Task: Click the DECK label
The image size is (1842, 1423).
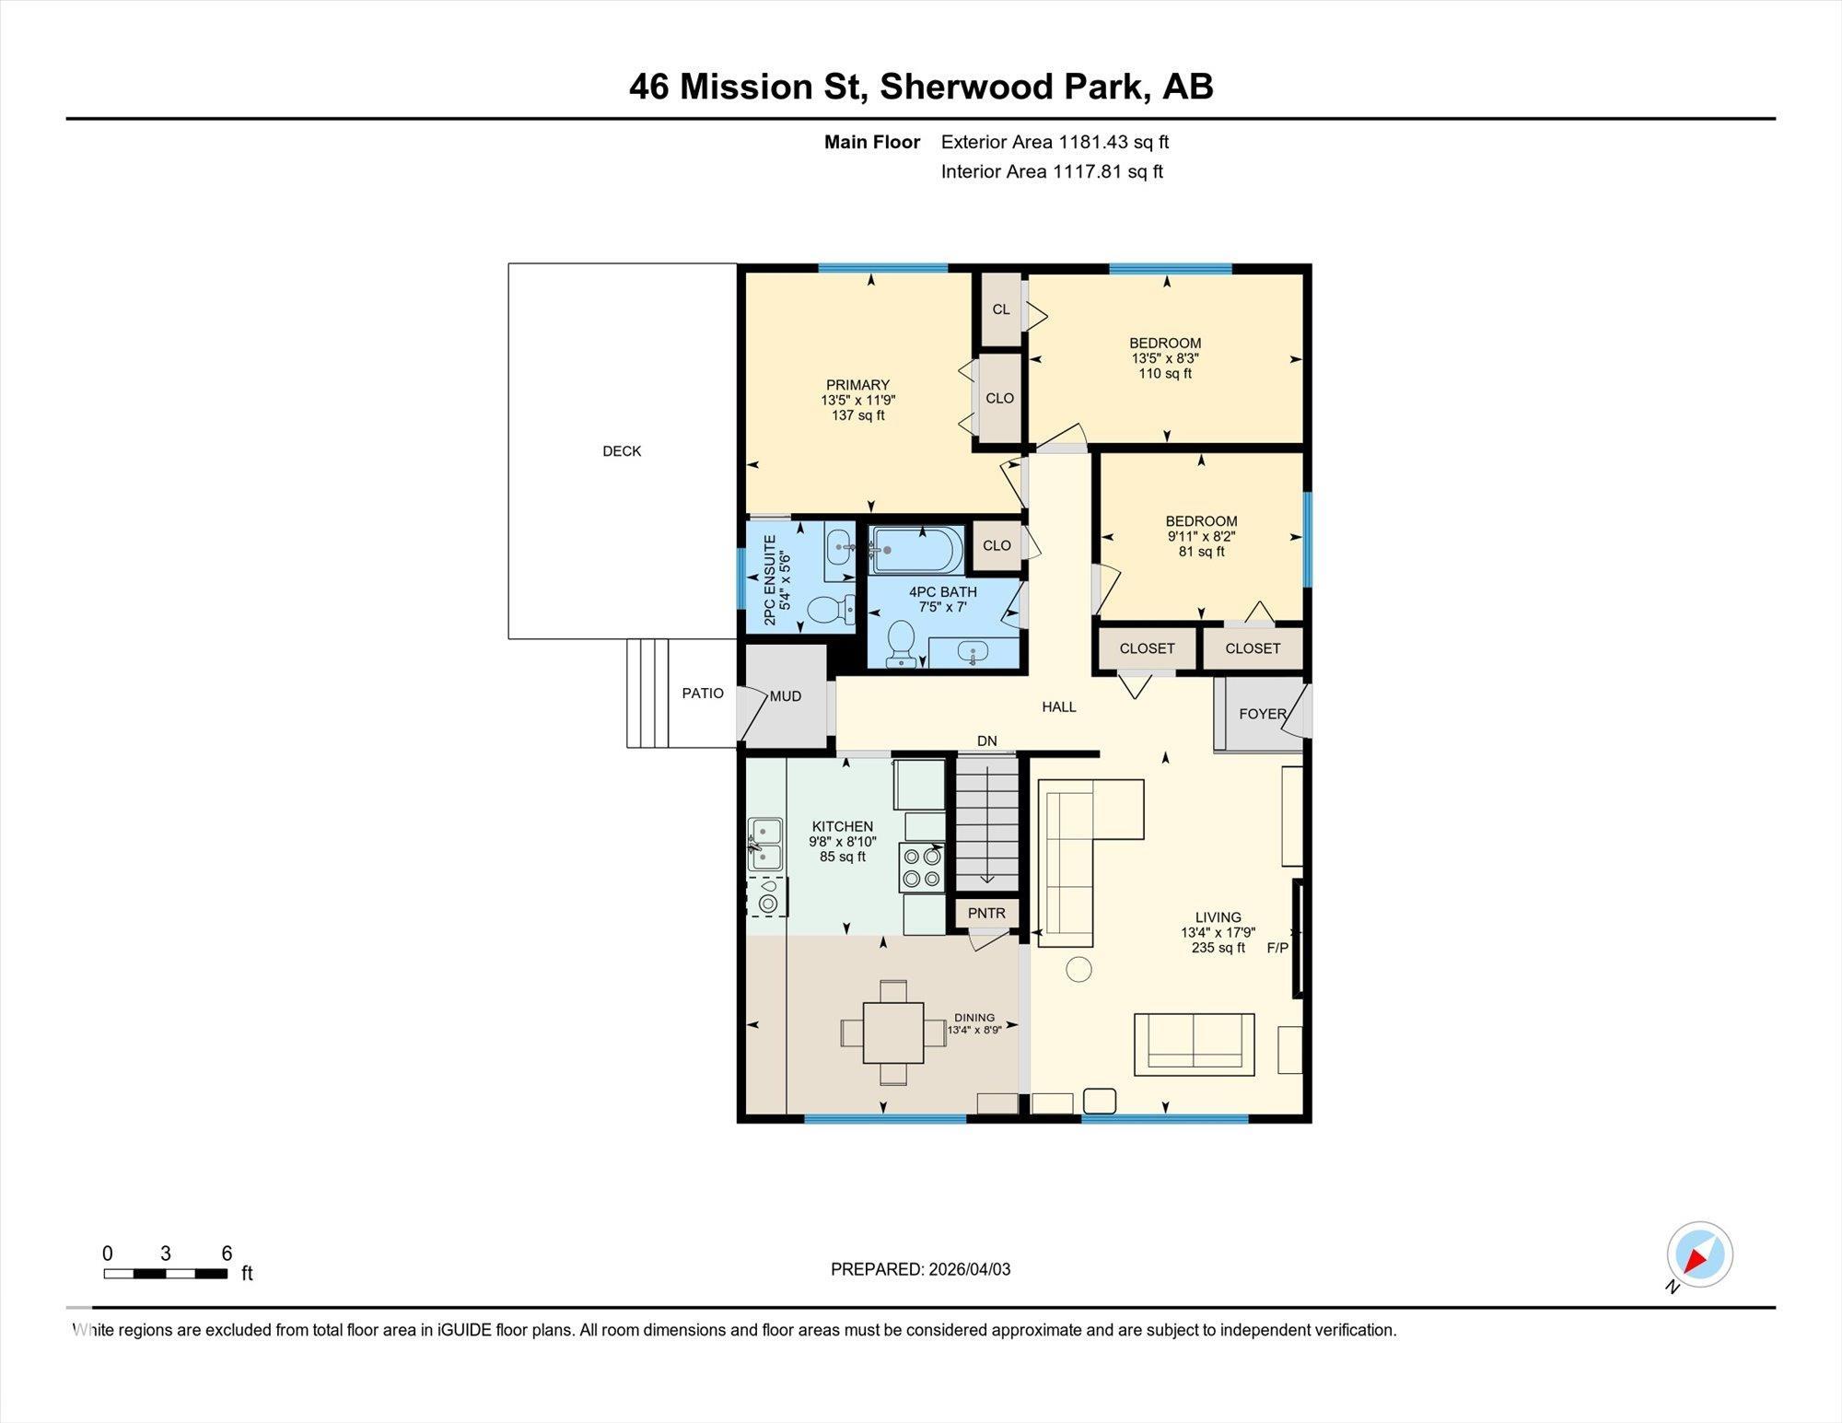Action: click(x=622, y=451)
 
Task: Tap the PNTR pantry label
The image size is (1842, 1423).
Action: click(x=986, y=914)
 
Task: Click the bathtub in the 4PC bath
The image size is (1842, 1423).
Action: click(x=917, y=550)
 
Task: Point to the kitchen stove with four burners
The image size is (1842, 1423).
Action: click(x=922, y=867)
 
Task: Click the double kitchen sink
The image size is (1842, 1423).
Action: click(x=765, y=845)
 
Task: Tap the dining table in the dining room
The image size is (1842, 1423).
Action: click(x=892, y=1032)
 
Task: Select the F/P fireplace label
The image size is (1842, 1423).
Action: click(x=1277, y=948)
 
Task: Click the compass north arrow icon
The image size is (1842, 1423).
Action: click(x=1699, y=1254)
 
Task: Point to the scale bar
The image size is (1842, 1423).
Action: click(x=166, y=1274)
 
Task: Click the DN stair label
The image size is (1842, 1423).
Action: click(x=986, y=741)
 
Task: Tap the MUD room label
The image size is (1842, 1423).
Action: click(x=786, y=697)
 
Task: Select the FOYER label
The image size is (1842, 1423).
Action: click(x=1262, y=714)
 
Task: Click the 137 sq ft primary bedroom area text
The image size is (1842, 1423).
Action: click(x=857, y=415)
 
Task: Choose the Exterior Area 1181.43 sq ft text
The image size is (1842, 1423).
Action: click(x=1055, y=142)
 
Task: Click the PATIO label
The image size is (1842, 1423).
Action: click(x=703, y=694)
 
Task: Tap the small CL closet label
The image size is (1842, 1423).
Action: click(x=1001, y=309)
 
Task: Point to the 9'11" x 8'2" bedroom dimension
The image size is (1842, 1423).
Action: click(x=1201, y=536)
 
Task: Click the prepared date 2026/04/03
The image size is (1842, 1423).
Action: click(x=969, y=1269)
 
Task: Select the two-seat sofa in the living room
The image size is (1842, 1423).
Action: click(x=1194, y=1044)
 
